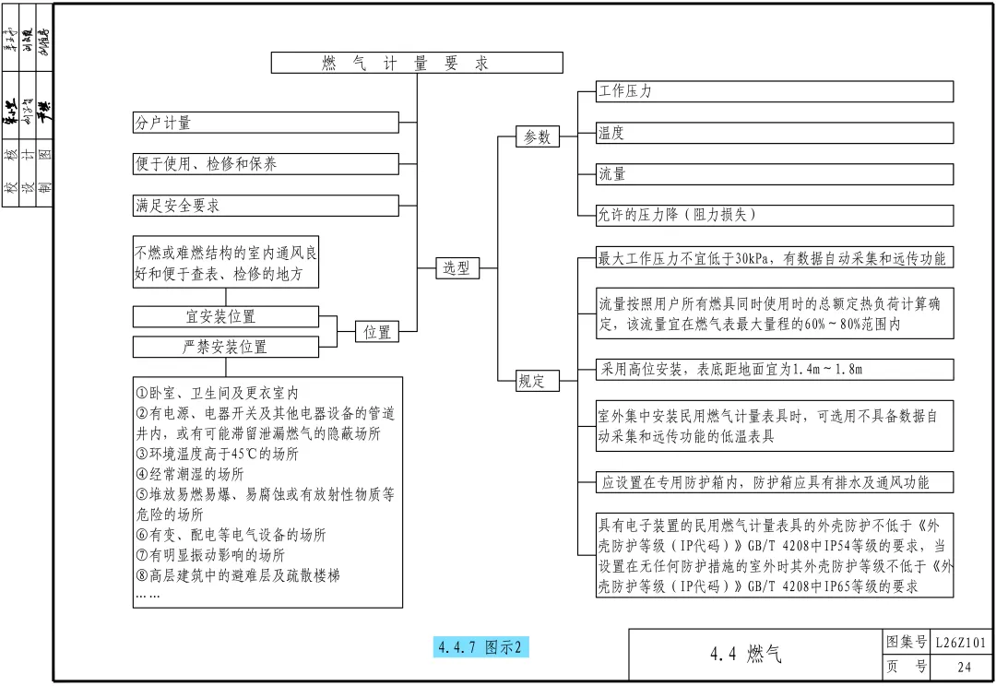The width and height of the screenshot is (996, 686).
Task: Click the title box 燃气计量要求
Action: (x=417, y=63)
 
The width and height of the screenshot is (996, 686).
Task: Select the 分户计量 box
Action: (x=266, y=123)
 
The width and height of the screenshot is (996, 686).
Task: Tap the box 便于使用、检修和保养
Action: (x=266, y=164)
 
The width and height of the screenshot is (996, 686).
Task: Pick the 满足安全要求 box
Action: (x=266, y=206)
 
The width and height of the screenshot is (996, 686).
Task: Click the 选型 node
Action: (x=456, y=268)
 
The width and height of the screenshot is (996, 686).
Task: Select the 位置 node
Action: (x=376, y=332)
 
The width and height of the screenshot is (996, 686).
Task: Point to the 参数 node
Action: (x=537, y=136)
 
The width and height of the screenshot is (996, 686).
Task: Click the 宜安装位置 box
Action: (x=226, y=316)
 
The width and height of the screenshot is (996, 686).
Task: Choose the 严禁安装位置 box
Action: (x=226, y=347)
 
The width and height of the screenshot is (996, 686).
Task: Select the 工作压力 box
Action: (x=775, y=91)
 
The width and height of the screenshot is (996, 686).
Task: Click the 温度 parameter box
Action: (x=775, y=133)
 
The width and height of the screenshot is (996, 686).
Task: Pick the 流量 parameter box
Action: (x=775, y=173)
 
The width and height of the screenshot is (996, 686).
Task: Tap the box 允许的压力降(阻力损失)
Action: (x=775, y=215)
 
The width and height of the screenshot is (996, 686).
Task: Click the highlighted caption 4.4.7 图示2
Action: (x=480, y=647)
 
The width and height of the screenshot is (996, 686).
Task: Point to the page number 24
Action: (x=964, y=668)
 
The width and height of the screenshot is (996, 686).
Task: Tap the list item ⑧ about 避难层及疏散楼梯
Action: (x=238, y=575)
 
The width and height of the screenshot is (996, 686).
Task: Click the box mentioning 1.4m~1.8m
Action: (x=775, y=370)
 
